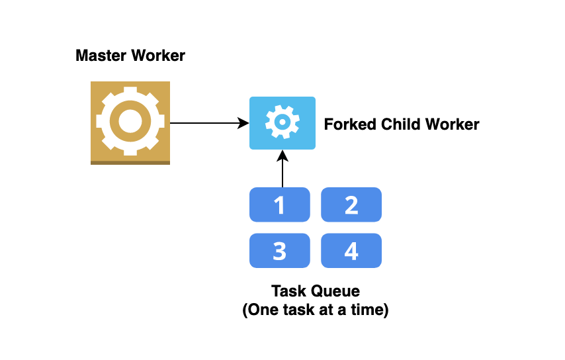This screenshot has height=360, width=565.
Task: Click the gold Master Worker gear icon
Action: tap(130, 122)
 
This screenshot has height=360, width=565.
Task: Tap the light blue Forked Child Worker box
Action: tap(282, 123)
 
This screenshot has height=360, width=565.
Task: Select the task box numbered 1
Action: tap(279, 205)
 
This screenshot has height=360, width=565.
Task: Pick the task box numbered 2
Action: tap(351, 205)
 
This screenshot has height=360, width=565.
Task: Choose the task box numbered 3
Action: tap(279, 251)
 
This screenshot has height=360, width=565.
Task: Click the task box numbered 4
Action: tap(351, 251)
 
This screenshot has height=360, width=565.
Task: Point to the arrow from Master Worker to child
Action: tap(205, 123)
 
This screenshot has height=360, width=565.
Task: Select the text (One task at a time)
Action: tap(315, 310)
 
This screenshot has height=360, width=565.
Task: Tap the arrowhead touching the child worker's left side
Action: tap(243, 123)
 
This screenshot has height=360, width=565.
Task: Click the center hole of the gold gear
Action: tap(130, 121)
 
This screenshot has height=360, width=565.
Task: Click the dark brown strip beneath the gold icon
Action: tap(130, 162)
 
